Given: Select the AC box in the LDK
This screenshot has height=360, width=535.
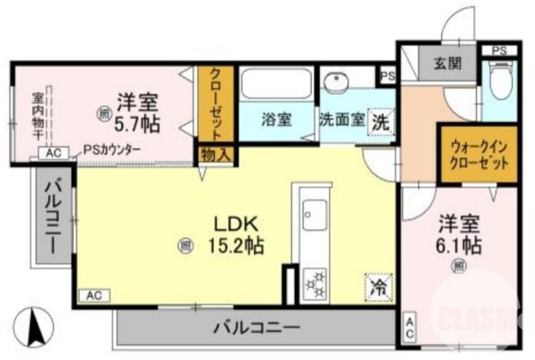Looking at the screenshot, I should tap(94, 295).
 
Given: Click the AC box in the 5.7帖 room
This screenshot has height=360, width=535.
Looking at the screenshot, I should tap(53, 153).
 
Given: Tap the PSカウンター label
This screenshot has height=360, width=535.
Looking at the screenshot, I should tap(112, 150).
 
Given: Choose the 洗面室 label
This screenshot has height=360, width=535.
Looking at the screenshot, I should tap(341, 120).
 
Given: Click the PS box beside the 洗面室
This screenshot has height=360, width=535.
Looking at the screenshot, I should tap(387, 76).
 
